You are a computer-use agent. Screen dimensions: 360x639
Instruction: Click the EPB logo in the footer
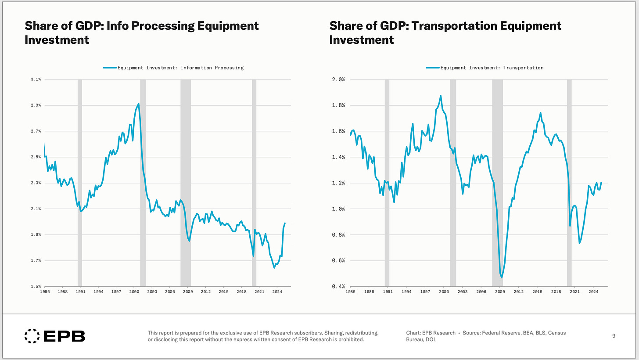(54, 336)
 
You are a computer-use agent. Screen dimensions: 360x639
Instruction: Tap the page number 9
(614, 336)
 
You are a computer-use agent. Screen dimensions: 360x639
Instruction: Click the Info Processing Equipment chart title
(142, 32)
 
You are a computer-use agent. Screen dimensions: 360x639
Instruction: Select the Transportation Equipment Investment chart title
(445, 32)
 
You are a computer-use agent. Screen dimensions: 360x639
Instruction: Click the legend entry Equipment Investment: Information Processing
(173, 68)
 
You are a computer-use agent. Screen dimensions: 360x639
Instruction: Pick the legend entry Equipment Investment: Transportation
(485, 68)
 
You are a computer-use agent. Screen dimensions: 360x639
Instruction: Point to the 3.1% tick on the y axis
(36, 79)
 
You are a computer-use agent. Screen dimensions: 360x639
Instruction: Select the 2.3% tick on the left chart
(36, 183)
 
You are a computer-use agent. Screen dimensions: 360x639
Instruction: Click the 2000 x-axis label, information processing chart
(134, 292)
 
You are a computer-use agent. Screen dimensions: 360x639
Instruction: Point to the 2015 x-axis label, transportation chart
(537, 292)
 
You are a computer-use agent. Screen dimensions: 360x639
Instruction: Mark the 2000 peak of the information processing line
(139, 104)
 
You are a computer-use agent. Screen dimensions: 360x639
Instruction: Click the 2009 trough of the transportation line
(501, 277)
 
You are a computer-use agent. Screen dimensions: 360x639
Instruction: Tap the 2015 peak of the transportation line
(540, 113)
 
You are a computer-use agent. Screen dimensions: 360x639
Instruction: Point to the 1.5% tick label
(36, 286)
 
